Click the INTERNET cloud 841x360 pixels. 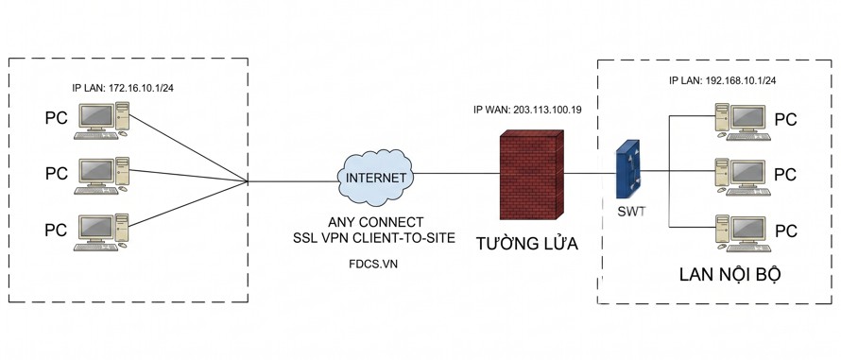coord(376,178)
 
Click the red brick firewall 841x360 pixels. coord(531,175)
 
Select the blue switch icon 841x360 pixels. coord(628,168)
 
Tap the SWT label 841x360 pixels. coord(631,213)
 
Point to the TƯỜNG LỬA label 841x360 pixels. coord(527,244)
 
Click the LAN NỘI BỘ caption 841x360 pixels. coord(730,275)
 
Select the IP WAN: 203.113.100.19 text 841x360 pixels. coord(528,110)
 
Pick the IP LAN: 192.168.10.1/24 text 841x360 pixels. coord(723,81)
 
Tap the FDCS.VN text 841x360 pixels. coord(373,265)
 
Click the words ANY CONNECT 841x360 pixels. coord(375,222)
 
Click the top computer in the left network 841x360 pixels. coord(102,121)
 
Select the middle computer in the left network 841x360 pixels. coord(102,176)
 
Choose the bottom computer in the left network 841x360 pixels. coord(102,232)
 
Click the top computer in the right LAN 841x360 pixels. coord(743,122)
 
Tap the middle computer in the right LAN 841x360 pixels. coord(743,177)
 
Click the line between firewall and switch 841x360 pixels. coord(590,173)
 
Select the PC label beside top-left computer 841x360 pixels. coord(57,118)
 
